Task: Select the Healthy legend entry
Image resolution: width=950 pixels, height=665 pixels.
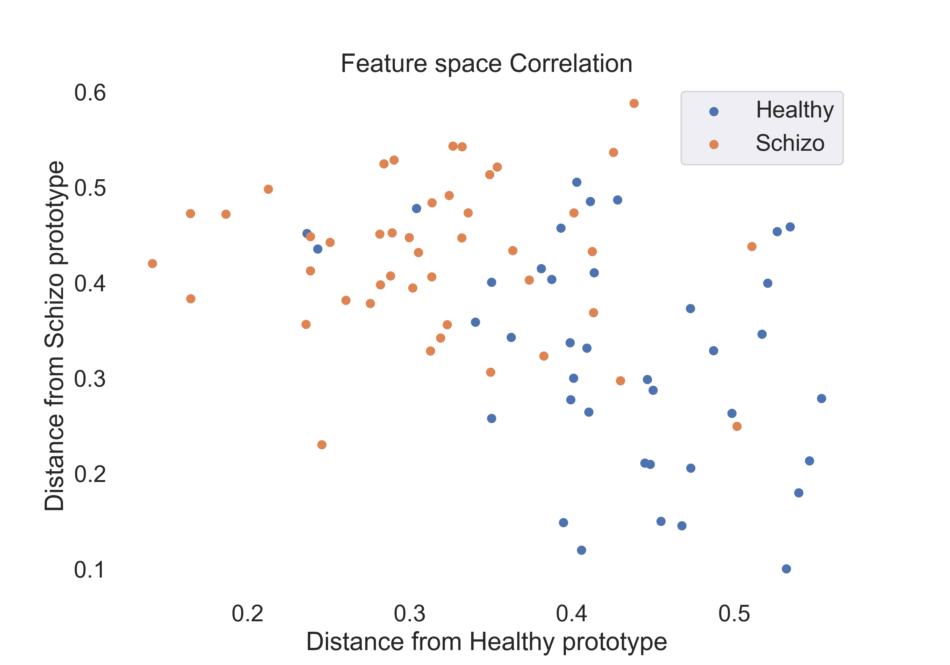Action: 795,110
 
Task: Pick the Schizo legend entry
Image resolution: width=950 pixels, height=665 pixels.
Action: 789,143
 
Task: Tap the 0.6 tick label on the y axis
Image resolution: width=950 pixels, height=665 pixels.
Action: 90,93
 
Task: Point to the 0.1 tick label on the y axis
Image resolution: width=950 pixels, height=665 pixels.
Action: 90,570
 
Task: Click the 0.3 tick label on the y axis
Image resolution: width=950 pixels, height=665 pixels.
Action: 90,379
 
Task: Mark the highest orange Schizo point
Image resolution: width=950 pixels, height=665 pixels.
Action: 634,104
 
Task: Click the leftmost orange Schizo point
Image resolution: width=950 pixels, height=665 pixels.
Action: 152,263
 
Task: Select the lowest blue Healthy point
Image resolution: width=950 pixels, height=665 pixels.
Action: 786,569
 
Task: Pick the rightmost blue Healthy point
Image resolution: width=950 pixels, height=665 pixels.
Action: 821,398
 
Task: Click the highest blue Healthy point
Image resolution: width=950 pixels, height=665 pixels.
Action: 576,182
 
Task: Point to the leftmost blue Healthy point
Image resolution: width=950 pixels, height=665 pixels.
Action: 307,234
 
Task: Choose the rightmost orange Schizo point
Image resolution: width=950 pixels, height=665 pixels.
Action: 752,247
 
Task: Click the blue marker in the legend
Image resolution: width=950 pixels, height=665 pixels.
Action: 714,111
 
